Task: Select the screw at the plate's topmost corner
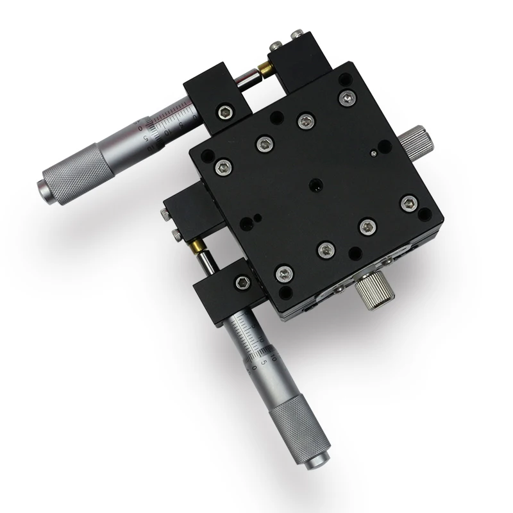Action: tap(347, 97)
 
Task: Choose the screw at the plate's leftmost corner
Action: tap(223, 167)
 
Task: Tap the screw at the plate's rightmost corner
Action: tap(409, 204)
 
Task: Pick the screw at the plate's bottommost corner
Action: tap(284, 274)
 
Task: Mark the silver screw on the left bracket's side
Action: tap(175, 235)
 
